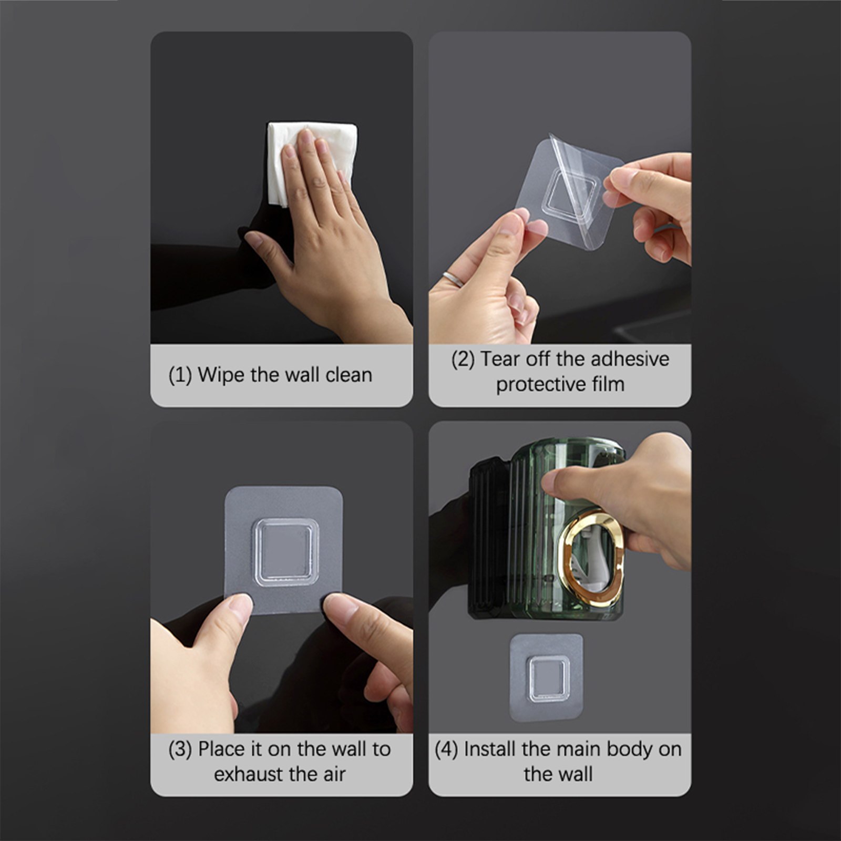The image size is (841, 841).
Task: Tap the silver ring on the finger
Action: coord(453,279)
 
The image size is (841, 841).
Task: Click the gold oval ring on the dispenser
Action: coord(591,557)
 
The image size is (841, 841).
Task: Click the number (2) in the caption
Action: coord(463,360)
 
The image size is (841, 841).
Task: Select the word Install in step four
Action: coord(490,749)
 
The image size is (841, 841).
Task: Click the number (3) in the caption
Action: coord(180,750)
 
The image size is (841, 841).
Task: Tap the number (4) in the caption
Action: coord(447,750)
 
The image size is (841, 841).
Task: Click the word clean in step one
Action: coord(348,375)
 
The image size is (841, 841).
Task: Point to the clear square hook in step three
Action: coord(285,552)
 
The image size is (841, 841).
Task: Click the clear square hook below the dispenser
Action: coord(549,679)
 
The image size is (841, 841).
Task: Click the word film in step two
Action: coord(608,384)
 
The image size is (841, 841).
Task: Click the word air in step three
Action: coord(334,774)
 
